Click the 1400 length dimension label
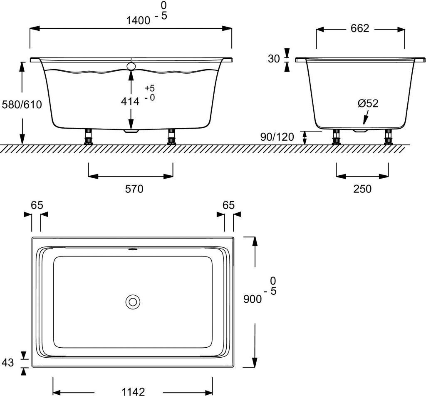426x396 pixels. coord(138,20)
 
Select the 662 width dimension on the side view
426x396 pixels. coord(360,28)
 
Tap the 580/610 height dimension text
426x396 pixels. coord(22,105)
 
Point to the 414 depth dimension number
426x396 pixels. coord(130,102)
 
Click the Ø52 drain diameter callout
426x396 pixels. coord(368,103)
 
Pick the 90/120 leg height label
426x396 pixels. coord(277,137)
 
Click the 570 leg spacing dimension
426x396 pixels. coord(134,189)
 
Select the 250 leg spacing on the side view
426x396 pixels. coord(362,189)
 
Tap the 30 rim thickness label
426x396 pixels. coord(274,58)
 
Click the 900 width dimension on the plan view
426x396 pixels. coord(253,299)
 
